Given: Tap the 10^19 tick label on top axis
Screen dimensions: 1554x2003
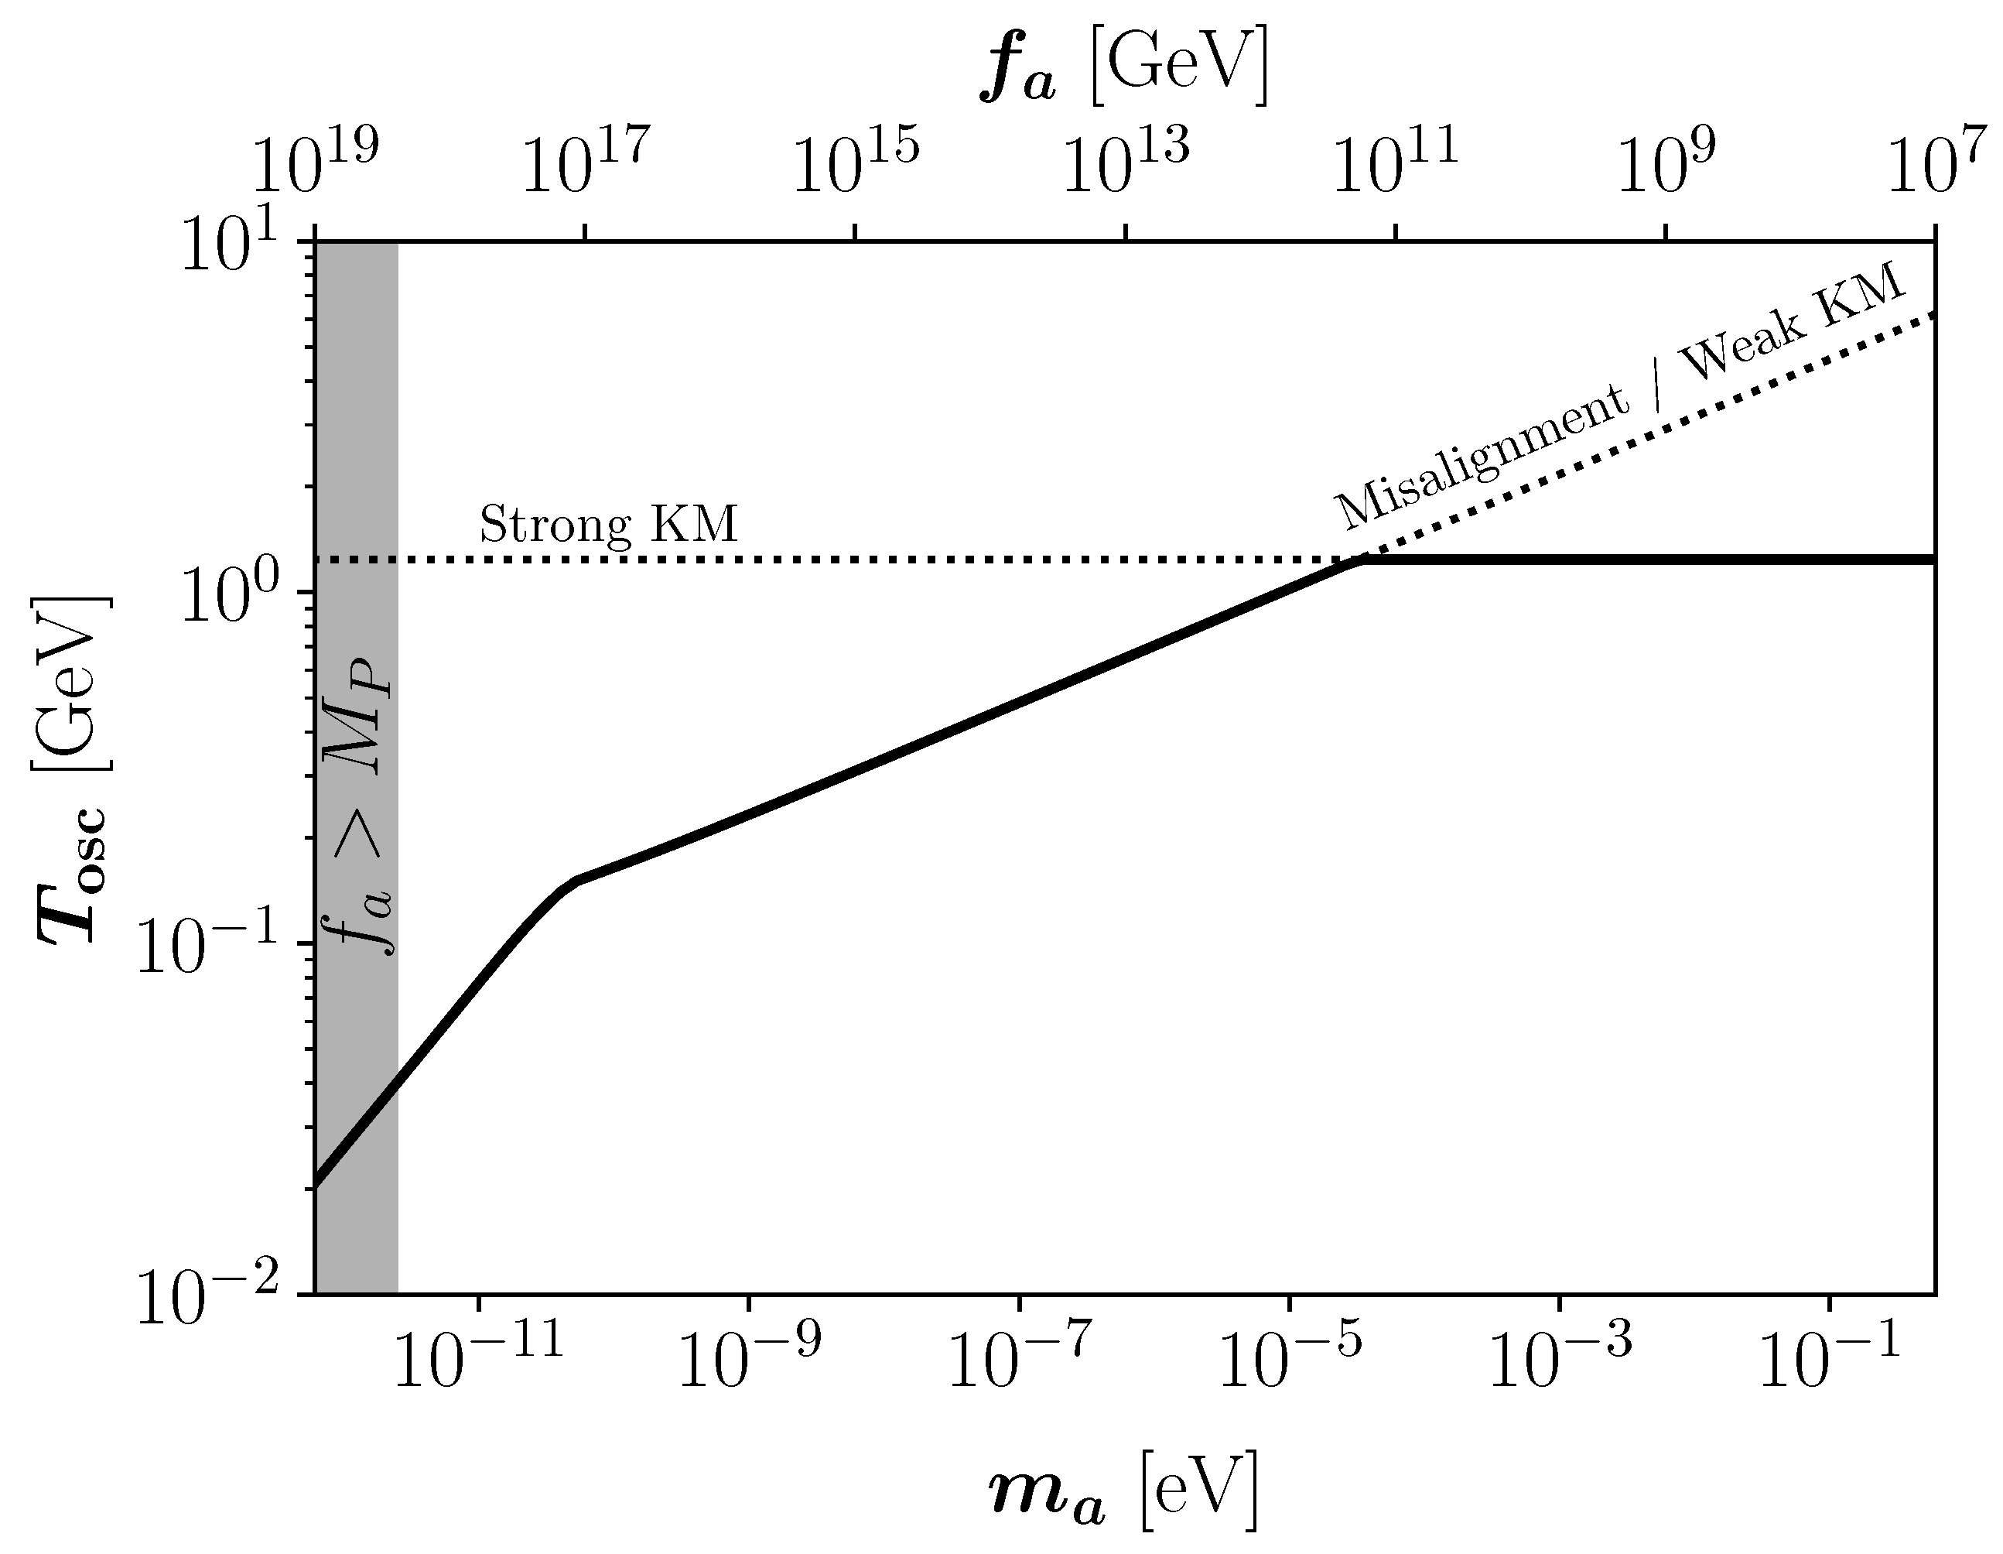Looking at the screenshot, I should click(315, 165).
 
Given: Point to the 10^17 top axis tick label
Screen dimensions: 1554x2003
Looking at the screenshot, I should click(585, 165).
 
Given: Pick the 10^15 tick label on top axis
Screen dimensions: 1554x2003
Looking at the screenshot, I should click(855, 165).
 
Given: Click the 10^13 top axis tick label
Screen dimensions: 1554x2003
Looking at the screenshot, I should click(1126, 165).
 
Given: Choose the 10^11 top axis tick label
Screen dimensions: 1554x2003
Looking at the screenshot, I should click(1395, 165).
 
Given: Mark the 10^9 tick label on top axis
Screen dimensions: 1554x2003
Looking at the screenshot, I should click(1666, 165).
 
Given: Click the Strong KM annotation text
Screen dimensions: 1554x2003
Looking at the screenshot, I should click(609, 525).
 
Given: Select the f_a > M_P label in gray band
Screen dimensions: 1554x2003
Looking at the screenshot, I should click(363, 806).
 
